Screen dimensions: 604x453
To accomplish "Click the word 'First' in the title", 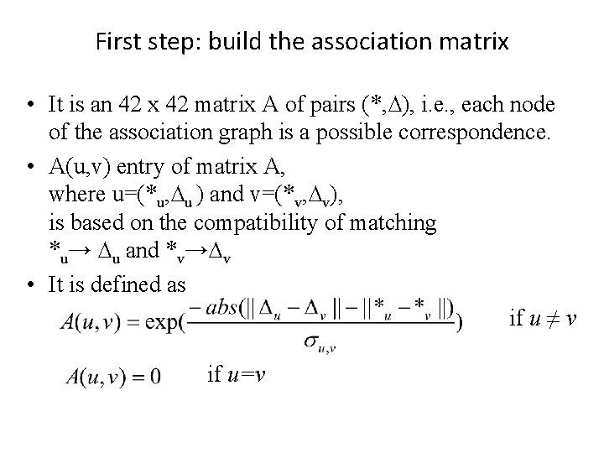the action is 115,41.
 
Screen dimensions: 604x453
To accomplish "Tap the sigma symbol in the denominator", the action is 311,340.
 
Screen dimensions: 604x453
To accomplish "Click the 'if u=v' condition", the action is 237,374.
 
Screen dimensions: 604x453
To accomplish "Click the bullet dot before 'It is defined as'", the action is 29,284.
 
